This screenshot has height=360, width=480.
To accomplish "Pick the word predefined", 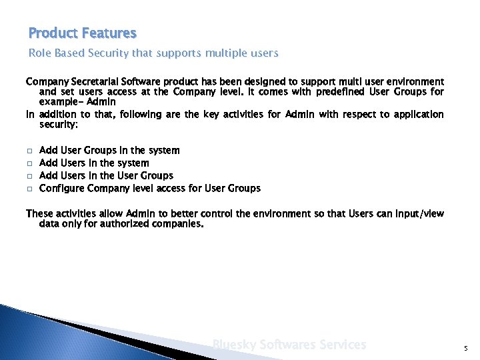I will click(339, 92).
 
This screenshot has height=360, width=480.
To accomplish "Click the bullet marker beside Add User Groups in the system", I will click(29, 151).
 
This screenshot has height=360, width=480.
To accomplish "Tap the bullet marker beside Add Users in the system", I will click(29, 164).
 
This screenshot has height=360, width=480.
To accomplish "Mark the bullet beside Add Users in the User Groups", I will click(29, 177).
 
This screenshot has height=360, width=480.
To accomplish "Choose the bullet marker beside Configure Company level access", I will click(29, 189).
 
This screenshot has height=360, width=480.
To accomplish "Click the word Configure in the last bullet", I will click(62, 189).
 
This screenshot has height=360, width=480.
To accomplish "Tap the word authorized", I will click(119, 225).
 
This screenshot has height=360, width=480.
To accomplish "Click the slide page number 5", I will click(465, 347).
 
